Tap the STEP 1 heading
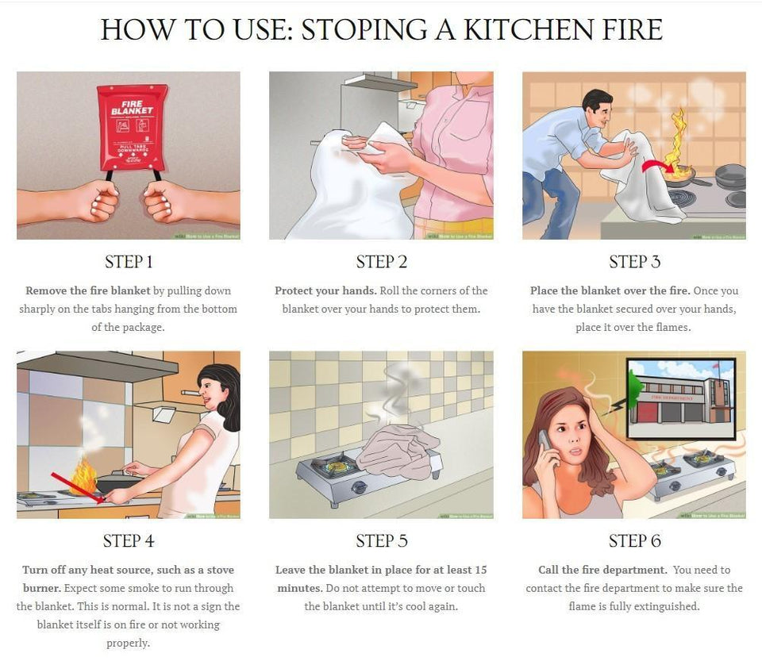(128, 262)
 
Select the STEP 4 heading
(128, 541)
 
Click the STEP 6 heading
(634, 541)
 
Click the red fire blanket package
(128, 127)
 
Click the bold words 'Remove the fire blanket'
(87, 290)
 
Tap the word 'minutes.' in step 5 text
(299, 588)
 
